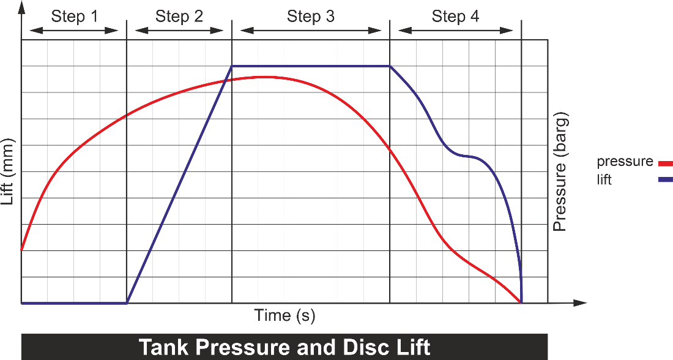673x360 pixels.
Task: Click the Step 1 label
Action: (x=74, y=17)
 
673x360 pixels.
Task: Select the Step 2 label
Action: (x=179, y=17)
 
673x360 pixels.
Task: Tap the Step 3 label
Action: (x=311, y=17)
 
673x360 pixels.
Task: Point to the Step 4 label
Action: (x=455, y=17)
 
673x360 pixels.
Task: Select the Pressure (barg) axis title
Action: (x=560, y=171)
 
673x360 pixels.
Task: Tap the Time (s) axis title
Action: (x=284, y=316)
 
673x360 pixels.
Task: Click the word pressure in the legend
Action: (x=625, y=162)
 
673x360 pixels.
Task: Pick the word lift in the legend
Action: (x=604, y=179)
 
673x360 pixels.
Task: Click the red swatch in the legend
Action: (x=664, y=163)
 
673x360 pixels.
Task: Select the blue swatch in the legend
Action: (x=664, y=180)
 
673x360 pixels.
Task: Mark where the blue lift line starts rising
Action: (x=127, y=303)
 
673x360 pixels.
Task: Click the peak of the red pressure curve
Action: (x=264, y=77)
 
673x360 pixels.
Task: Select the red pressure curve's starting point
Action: (x=21, y=250)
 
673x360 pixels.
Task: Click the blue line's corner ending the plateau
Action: (x=390, y=66)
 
